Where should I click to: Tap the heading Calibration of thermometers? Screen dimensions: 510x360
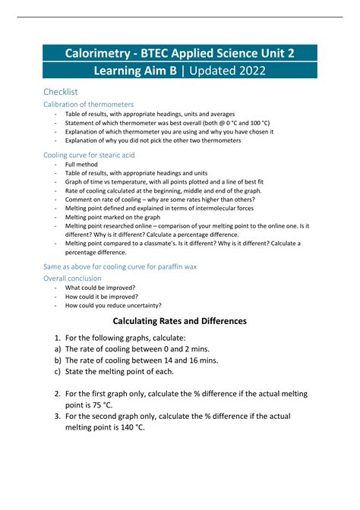pyautogui.click(x=88, y=104)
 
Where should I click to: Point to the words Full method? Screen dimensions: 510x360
pyautogui.click(x=81, y=164)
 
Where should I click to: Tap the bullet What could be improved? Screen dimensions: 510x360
pyautogui.click(x=101, y=288)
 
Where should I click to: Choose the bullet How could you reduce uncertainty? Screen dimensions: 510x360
pyautogui.click(x=113, y=305)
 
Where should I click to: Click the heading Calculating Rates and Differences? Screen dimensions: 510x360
pyautogui.click(x=180, y=321)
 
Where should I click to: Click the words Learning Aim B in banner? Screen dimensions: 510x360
pyautogui.click(x=135, y=71)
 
